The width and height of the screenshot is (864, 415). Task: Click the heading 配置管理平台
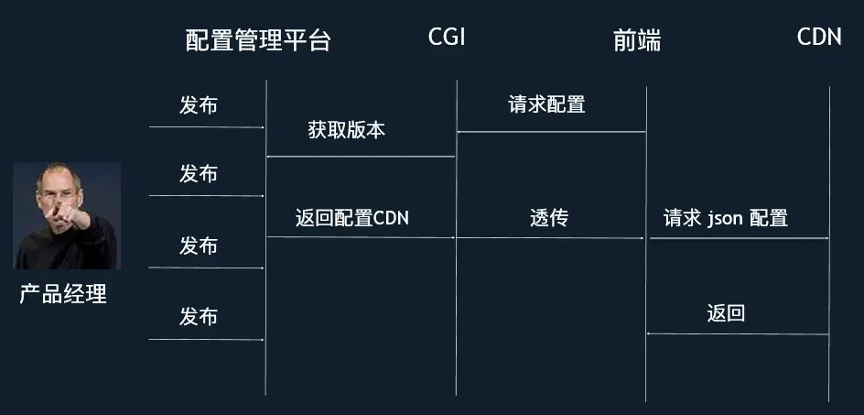(257, 40)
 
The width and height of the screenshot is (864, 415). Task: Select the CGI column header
(446, 38)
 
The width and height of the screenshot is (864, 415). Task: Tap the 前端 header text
(636, 40)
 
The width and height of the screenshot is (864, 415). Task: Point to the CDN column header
(819, 38)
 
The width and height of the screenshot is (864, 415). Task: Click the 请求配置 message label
(546, 104)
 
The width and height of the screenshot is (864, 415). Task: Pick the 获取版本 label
(347, 130)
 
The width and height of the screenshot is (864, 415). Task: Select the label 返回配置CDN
(352, 218)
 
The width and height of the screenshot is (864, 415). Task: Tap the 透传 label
(549, 218)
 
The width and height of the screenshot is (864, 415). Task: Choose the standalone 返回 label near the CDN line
(726, 313)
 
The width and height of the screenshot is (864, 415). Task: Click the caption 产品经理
(63, 294)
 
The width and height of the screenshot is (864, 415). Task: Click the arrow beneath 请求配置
(551, 133)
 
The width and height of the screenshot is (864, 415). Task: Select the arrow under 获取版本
(361, 157)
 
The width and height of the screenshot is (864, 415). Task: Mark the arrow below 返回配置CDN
(361, 238)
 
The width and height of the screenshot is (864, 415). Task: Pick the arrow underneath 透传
(551, 238)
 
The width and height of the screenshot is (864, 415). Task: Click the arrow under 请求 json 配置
(739, 238)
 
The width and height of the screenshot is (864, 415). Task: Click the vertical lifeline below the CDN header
(829, 275)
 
